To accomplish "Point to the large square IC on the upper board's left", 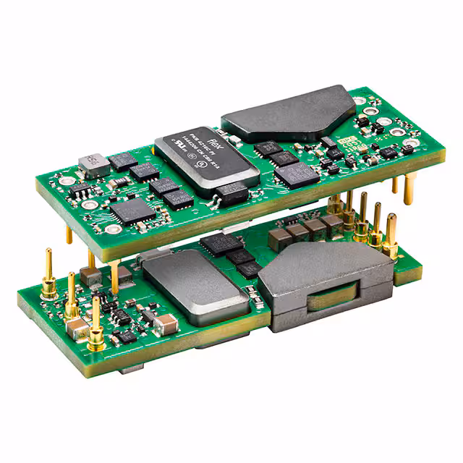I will pyautogui.click(x=132, y=210).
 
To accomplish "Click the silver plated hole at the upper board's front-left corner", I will pyautogui.click(x=113, y=229).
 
